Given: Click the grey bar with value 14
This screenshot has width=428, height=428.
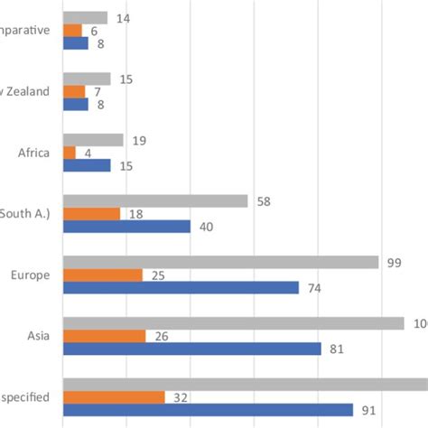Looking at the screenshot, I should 85,18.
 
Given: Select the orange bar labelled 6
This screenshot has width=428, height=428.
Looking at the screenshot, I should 71,31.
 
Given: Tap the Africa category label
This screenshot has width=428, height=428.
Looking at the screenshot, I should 33,153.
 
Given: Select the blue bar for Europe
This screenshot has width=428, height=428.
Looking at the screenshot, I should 180,288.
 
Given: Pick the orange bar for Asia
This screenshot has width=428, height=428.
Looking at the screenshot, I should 104,336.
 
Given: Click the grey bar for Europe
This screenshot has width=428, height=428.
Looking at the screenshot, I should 219,262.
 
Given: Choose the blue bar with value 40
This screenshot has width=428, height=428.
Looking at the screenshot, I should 126,227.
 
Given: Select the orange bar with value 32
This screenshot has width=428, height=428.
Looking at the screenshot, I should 113,397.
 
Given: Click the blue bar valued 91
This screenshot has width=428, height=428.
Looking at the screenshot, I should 207,410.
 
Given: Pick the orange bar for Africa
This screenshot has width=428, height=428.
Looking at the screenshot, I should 69,153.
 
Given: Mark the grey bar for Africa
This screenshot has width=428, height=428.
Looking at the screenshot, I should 92,140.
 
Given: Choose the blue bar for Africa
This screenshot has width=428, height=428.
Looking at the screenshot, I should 86,165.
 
